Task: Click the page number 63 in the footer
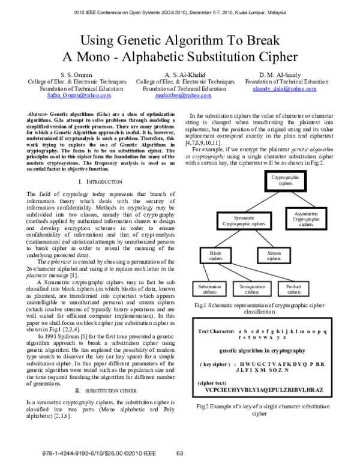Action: coord(179,453)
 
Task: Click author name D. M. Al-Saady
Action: coord(284,74)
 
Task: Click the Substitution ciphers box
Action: coord(210,289)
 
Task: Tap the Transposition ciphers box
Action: coord(252,289)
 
